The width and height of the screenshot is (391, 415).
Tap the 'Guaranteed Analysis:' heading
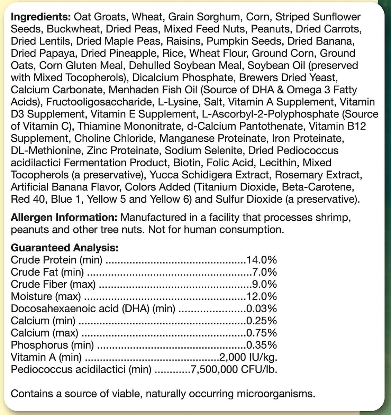click(x=64, y=248)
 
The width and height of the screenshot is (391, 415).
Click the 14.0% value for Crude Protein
click(x=261, y=260)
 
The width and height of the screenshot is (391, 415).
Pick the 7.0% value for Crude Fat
click(x=264, y=272)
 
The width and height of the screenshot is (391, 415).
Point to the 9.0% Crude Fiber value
click(x=264, y=284)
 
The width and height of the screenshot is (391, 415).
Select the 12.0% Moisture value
click(x=261, y=296)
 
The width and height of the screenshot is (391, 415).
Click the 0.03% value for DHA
click(x=261, y=308)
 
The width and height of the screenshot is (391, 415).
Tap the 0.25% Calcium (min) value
click(x=261, y=321)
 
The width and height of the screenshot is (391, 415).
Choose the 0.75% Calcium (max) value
click(x=261, y=333)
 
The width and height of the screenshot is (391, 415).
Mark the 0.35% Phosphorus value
click(x=261, y=345)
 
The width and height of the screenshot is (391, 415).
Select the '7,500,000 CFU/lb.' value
click(x=234, y=369)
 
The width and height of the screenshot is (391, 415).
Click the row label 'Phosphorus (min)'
click(x=52, y=345)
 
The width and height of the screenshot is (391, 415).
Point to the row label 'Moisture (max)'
click(x=46, y=296)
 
